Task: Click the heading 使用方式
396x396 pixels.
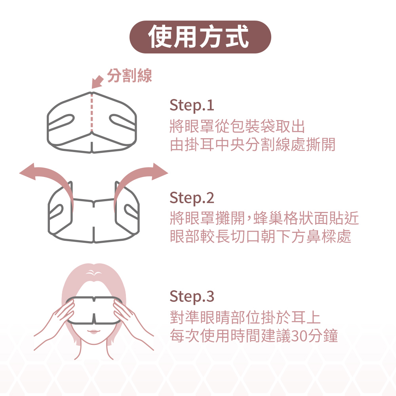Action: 198,37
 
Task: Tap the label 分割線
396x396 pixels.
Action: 129,76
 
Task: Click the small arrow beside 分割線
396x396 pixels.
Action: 97,82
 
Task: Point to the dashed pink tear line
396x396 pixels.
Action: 92,112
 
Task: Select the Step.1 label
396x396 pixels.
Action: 192,105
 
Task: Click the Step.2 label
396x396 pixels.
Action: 192,198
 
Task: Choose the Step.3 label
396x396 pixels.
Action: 192,297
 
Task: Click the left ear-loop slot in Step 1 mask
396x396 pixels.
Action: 61,122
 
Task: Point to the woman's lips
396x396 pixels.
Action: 93,331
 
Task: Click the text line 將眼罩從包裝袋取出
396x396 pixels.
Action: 237,126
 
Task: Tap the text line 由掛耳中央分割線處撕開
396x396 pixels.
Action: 252,145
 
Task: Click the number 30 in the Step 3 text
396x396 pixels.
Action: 299,336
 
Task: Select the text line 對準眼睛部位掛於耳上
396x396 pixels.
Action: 245,318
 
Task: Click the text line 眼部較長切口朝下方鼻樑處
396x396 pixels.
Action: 261,237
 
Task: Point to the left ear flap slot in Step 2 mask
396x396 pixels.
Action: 56,211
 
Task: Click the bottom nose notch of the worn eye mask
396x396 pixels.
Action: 94,319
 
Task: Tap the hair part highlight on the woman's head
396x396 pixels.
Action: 94,273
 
